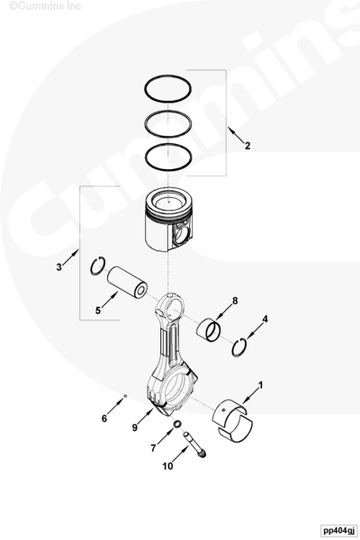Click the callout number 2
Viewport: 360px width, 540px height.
click(x=247, y=146)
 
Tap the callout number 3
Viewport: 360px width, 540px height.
click(x=58, y=267)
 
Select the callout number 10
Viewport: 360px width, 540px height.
click(x=167, y=466)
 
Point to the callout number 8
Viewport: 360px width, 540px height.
click(x=235, y=301)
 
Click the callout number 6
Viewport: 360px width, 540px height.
click(x=104, y=418)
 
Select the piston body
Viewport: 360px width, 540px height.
click(x=168, y=220)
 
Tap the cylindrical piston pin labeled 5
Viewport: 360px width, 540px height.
click(x=127, y=282)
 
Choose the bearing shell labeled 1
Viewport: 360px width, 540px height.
click(x=232, y=421)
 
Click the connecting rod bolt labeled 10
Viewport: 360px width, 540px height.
click(x=195, y=445)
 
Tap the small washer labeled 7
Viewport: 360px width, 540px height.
click(x=177, y=424)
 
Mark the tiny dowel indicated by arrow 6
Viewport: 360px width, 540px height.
click(x=125, y=396)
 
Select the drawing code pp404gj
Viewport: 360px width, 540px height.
click(x=337, y=530)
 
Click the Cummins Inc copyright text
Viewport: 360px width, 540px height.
click(x=45, y=5)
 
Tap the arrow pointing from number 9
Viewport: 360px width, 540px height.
click(x=146, y=416)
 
